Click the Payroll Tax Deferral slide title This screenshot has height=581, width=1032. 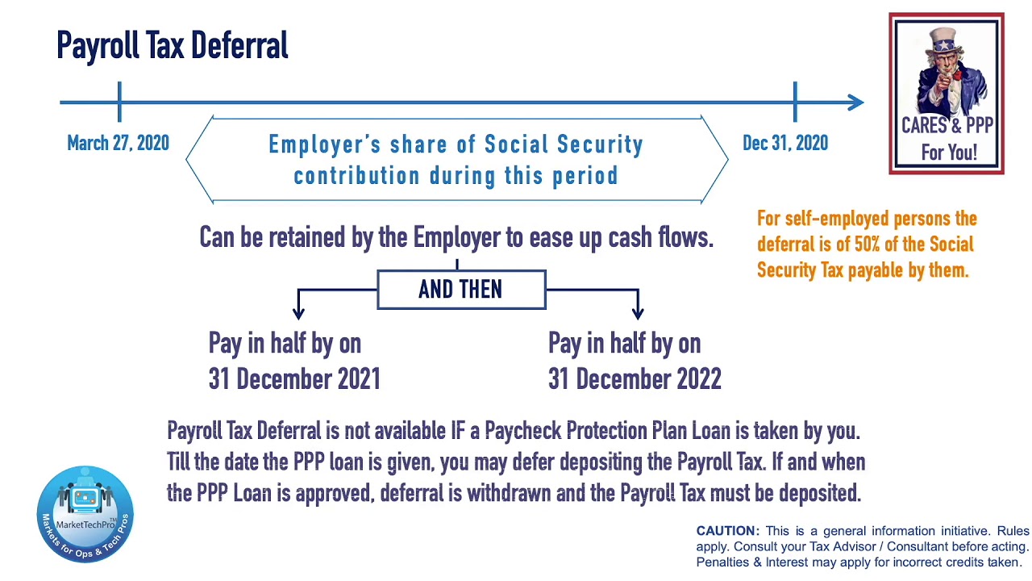(172, 46)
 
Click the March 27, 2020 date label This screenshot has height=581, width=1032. (118, 144)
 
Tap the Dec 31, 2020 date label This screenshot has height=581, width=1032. (784, 144)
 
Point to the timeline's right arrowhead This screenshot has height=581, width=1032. (856, 102)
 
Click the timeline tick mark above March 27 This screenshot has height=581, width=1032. (119, 102)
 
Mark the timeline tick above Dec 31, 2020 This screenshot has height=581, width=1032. (795, 102)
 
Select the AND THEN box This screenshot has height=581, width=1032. (460, 290)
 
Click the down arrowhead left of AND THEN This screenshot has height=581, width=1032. (298, 310)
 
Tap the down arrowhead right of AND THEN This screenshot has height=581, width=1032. (638, 310)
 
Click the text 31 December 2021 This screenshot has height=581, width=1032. (294, 379)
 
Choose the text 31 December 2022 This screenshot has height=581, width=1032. (635, 379)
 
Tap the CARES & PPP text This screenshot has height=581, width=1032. (947, 126)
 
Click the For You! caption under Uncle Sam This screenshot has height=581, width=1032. (948, 152)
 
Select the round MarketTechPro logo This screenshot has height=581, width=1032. (85, 513)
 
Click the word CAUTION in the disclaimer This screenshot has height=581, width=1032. (727, 531)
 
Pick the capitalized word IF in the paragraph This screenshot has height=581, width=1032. (459, 431)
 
